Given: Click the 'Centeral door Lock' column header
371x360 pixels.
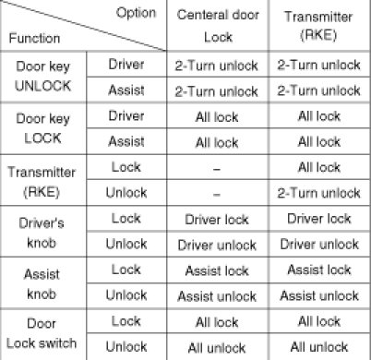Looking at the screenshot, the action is pos(218,26).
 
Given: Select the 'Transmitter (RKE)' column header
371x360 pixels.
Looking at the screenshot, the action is pos(318,26).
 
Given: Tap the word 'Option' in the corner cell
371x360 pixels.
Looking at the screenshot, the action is pos(136,13).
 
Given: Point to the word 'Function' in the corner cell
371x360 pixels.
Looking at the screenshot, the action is pos(34,38).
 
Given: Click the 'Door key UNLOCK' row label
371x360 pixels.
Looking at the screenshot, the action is pos(43,77).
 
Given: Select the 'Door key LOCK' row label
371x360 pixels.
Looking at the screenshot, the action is pos(43,128).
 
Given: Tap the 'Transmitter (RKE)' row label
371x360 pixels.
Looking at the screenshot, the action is pos(42,182).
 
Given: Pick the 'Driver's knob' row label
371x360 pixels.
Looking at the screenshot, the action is pos(42,233).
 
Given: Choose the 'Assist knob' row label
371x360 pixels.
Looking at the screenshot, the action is pos(42,284).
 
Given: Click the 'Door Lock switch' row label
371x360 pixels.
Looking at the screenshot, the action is pos(42,333).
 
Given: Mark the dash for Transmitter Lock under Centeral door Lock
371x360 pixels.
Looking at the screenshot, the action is pos(217,169).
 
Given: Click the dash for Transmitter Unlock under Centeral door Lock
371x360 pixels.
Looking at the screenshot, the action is pos(217,195).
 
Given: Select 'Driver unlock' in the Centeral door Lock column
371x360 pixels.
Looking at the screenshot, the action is pos(217,246).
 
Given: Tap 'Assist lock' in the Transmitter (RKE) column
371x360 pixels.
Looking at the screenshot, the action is pos(319,270).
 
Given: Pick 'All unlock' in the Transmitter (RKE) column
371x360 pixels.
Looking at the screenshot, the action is pos(319,347).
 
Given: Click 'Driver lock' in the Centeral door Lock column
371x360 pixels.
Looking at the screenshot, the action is pos(217,220).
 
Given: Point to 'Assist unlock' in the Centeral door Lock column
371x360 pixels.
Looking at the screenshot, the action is pos(217,296).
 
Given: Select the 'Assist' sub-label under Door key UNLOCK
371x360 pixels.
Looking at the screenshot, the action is pos(126,90).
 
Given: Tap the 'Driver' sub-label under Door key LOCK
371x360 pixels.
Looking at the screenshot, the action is pos(126,116).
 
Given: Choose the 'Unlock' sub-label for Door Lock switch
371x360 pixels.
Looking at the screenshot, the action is pos(126,346).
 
